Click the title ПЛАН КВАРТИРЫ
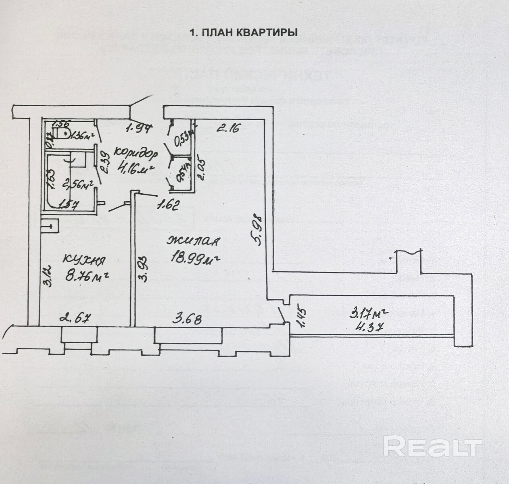click(x=244, y=33)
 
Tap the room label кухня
click(x=84, y=261)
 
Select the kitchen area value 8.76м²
click(x=88, y=277)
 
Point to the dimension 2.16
click(x=228, y=129)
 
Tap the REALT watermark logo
click(x=432, y=446)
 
